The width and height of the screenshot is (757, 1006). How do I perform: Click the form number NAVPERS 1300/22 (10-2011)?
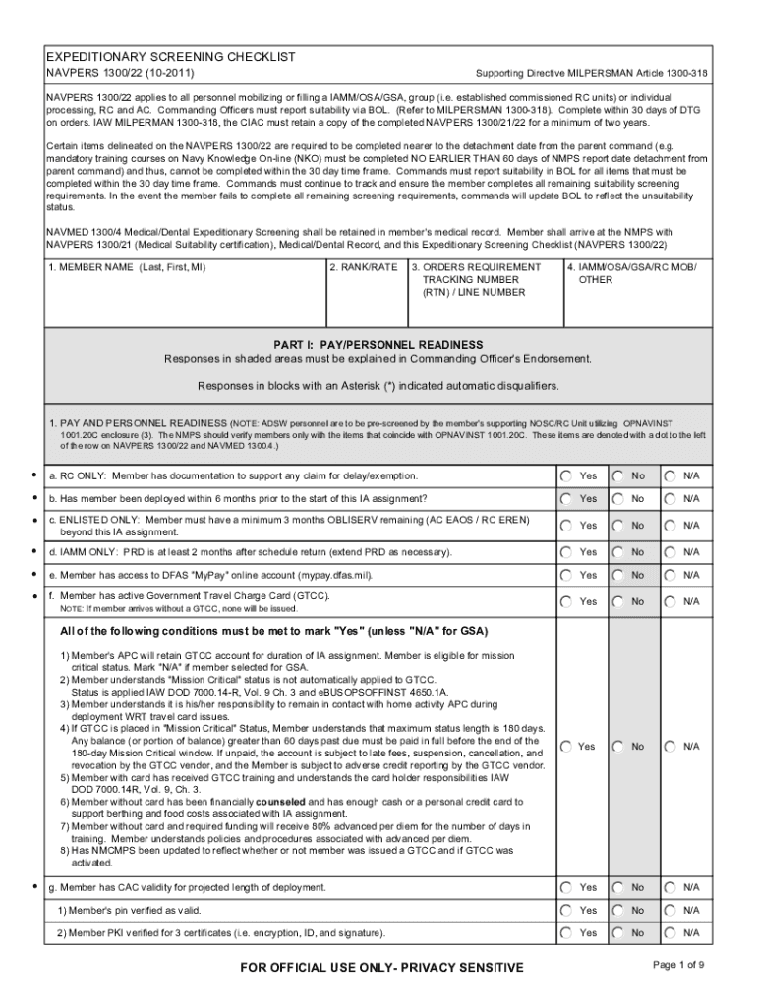(120, 74)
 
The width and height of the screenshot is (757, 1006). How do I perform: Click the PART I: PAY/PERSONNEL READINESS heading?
(378, 345)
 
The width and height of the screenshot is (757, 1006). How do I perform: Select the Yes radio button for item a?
(567, 475)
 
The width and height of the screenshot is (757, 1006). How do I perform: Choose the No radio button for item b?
(618, 498)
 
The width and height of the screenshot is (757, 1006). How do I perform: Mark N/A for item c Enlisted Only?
(670, 525)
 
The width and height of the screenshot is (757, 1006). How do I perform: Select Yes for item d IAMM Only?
(567, 552)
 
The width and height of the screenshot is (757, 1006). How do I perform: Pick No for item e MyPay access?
(618, 575)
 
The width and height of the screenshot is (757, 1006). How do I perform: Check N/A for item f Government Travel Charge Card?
(670, 600)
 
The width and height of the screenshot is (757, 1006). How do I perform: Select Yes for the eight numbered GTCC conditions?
(567, 746)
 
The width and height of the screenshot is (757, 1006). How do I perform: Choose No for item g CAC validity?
(618, 887)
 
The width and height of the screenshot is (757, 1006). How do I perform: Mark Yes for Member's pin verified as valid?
(567, 910)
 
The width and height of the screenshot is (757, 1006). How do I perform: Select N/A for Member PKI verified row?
(670, 932)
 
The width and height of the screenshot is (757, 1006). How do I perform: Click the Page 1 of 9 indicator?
(677, 965)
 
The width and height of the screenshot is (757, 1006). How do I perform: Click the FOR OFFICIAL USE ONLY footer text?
(381, 968)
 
